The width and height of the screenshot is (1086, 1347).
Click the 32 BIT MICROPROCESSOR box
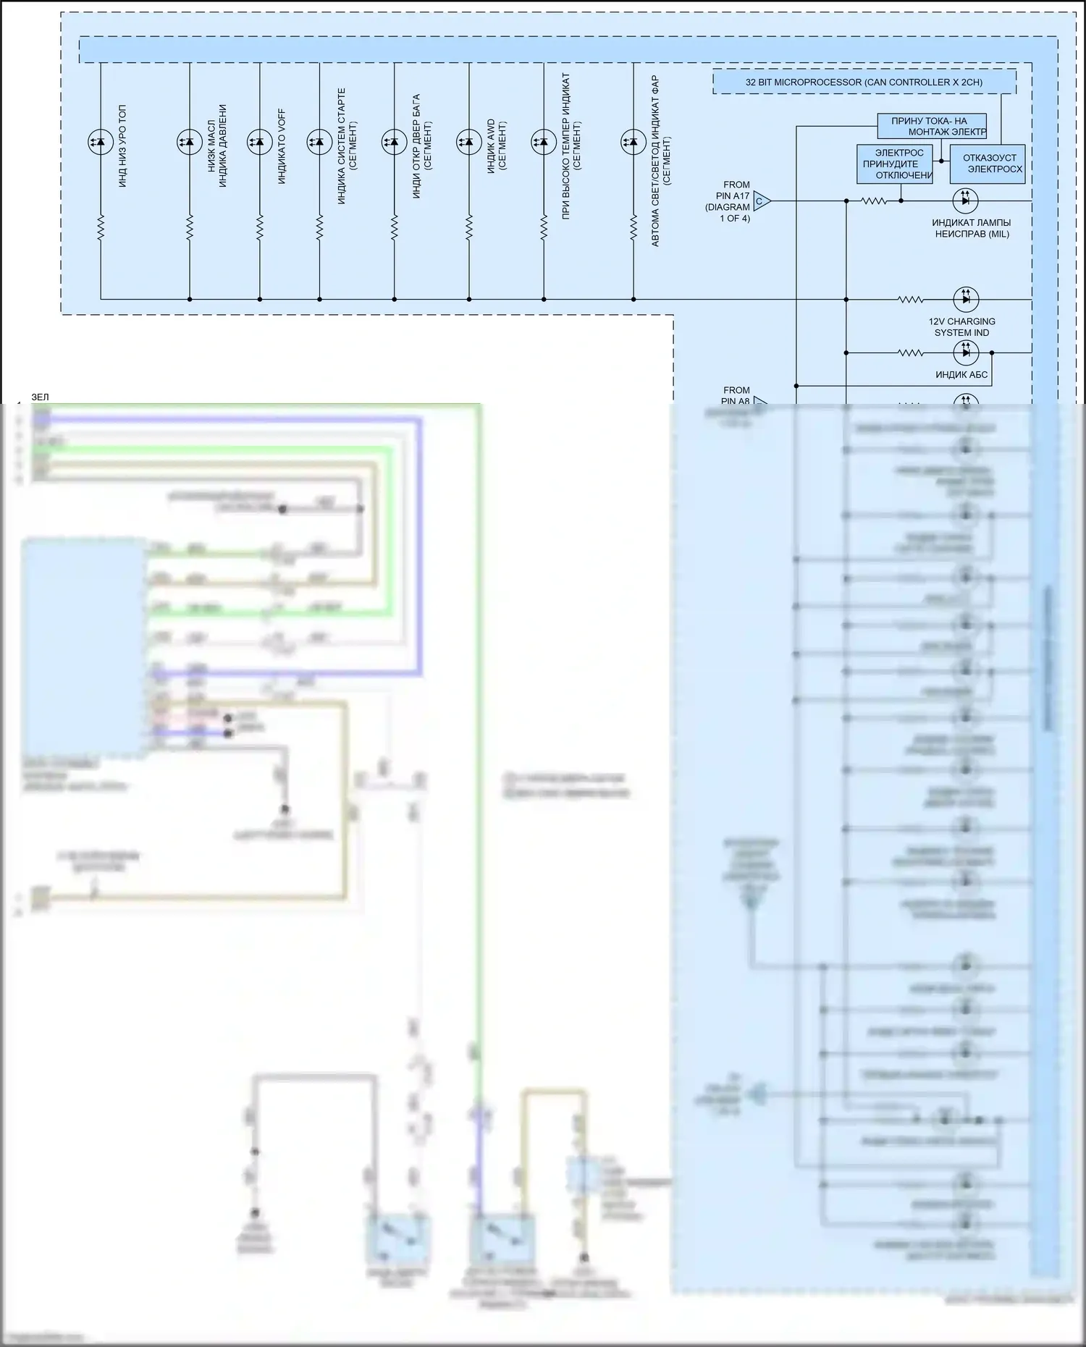(x=864, y=83)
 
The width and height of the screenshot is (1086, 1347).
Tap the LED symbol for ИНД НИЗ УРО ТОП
(x=100, y=142)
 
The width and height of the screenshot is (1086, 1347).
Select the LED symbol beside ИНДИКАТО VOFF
(x=260, y=142)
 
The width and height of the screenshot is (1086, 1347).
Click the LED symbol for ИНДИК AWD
(x=469, y=142)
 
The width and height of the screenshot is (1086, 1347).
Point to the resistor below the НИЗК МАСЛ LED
(x=190, y=227)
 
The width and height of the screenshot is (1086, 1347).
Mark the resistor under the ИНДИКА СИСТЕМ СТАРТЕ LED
(x=319, y=227)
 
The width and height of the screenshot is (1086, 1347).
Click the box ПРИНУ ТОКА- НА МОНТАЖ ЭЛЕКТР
(x=932, y=126)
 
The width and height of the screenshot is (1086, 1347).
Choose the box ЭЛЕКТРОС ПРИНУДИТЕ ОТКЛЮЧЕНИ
(x=894, y=164)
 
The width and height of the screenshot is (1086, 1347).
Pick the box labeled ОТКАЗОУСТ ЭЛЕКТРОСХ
(x=987, y=164)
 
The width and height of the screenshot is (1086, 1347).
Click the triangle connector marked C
(x=761, y=201)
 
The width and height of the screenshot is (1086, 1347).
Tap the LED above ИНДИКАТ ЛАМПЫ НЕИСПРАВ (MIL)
(x=965, y=200)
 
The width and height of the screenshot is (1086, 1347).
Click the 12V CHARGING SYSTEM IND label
(x=961, y=327)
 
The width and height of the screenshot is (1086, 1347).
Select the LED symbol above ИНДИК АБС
(x=965, y=352)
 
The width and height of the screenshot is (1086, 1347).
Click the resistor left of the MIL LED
(x=874, y=200)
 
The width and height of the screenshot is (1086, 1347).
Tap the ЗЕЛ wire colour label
(x=40, y=397)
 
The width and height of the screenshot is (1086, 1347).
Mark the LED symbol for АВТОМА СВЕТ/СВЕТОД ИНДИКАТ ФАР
(x=633, y=142)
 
